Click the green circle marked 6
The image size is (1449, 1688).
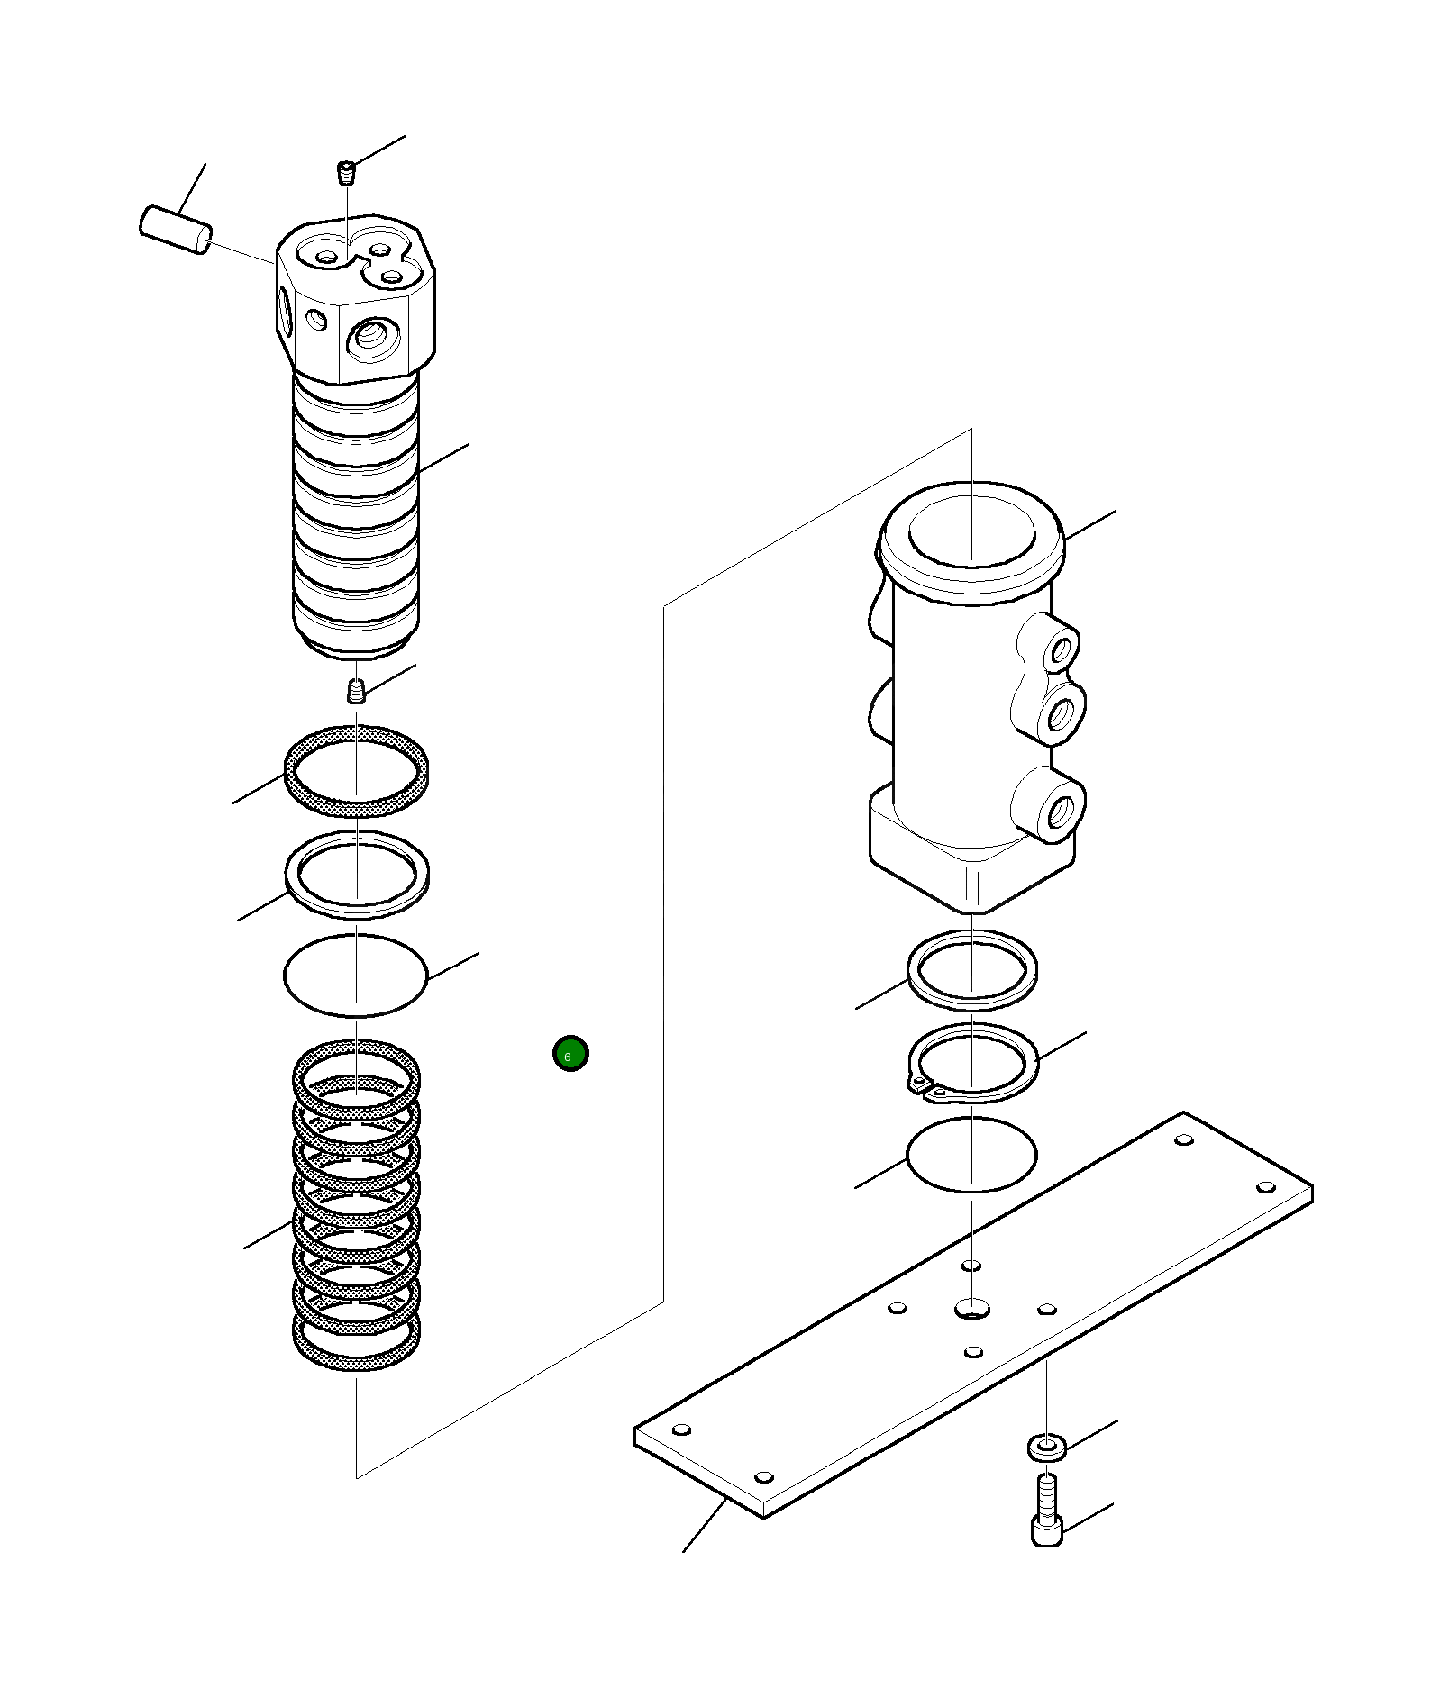570,1053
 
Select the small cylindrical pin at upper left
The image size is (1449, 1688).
177,231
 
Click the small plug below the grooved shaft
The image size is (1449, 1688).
357,691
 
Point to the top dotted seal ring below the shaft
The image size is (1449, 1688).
356,769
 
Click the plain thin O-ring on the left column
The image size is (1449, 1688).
356,976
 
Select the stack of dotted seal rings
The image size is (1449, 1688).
356,1207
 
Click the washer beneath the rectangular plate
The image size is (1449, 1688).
1046,1448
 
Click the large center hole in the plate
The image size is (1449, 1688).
971,1307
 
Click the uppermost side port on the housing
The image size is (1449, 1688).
1062,648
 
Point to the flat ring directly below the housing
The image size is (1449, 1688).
971,969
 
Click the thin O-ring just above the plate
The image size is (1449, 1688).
971,1155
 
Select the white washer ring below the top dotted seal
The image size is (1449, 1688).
356,874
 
